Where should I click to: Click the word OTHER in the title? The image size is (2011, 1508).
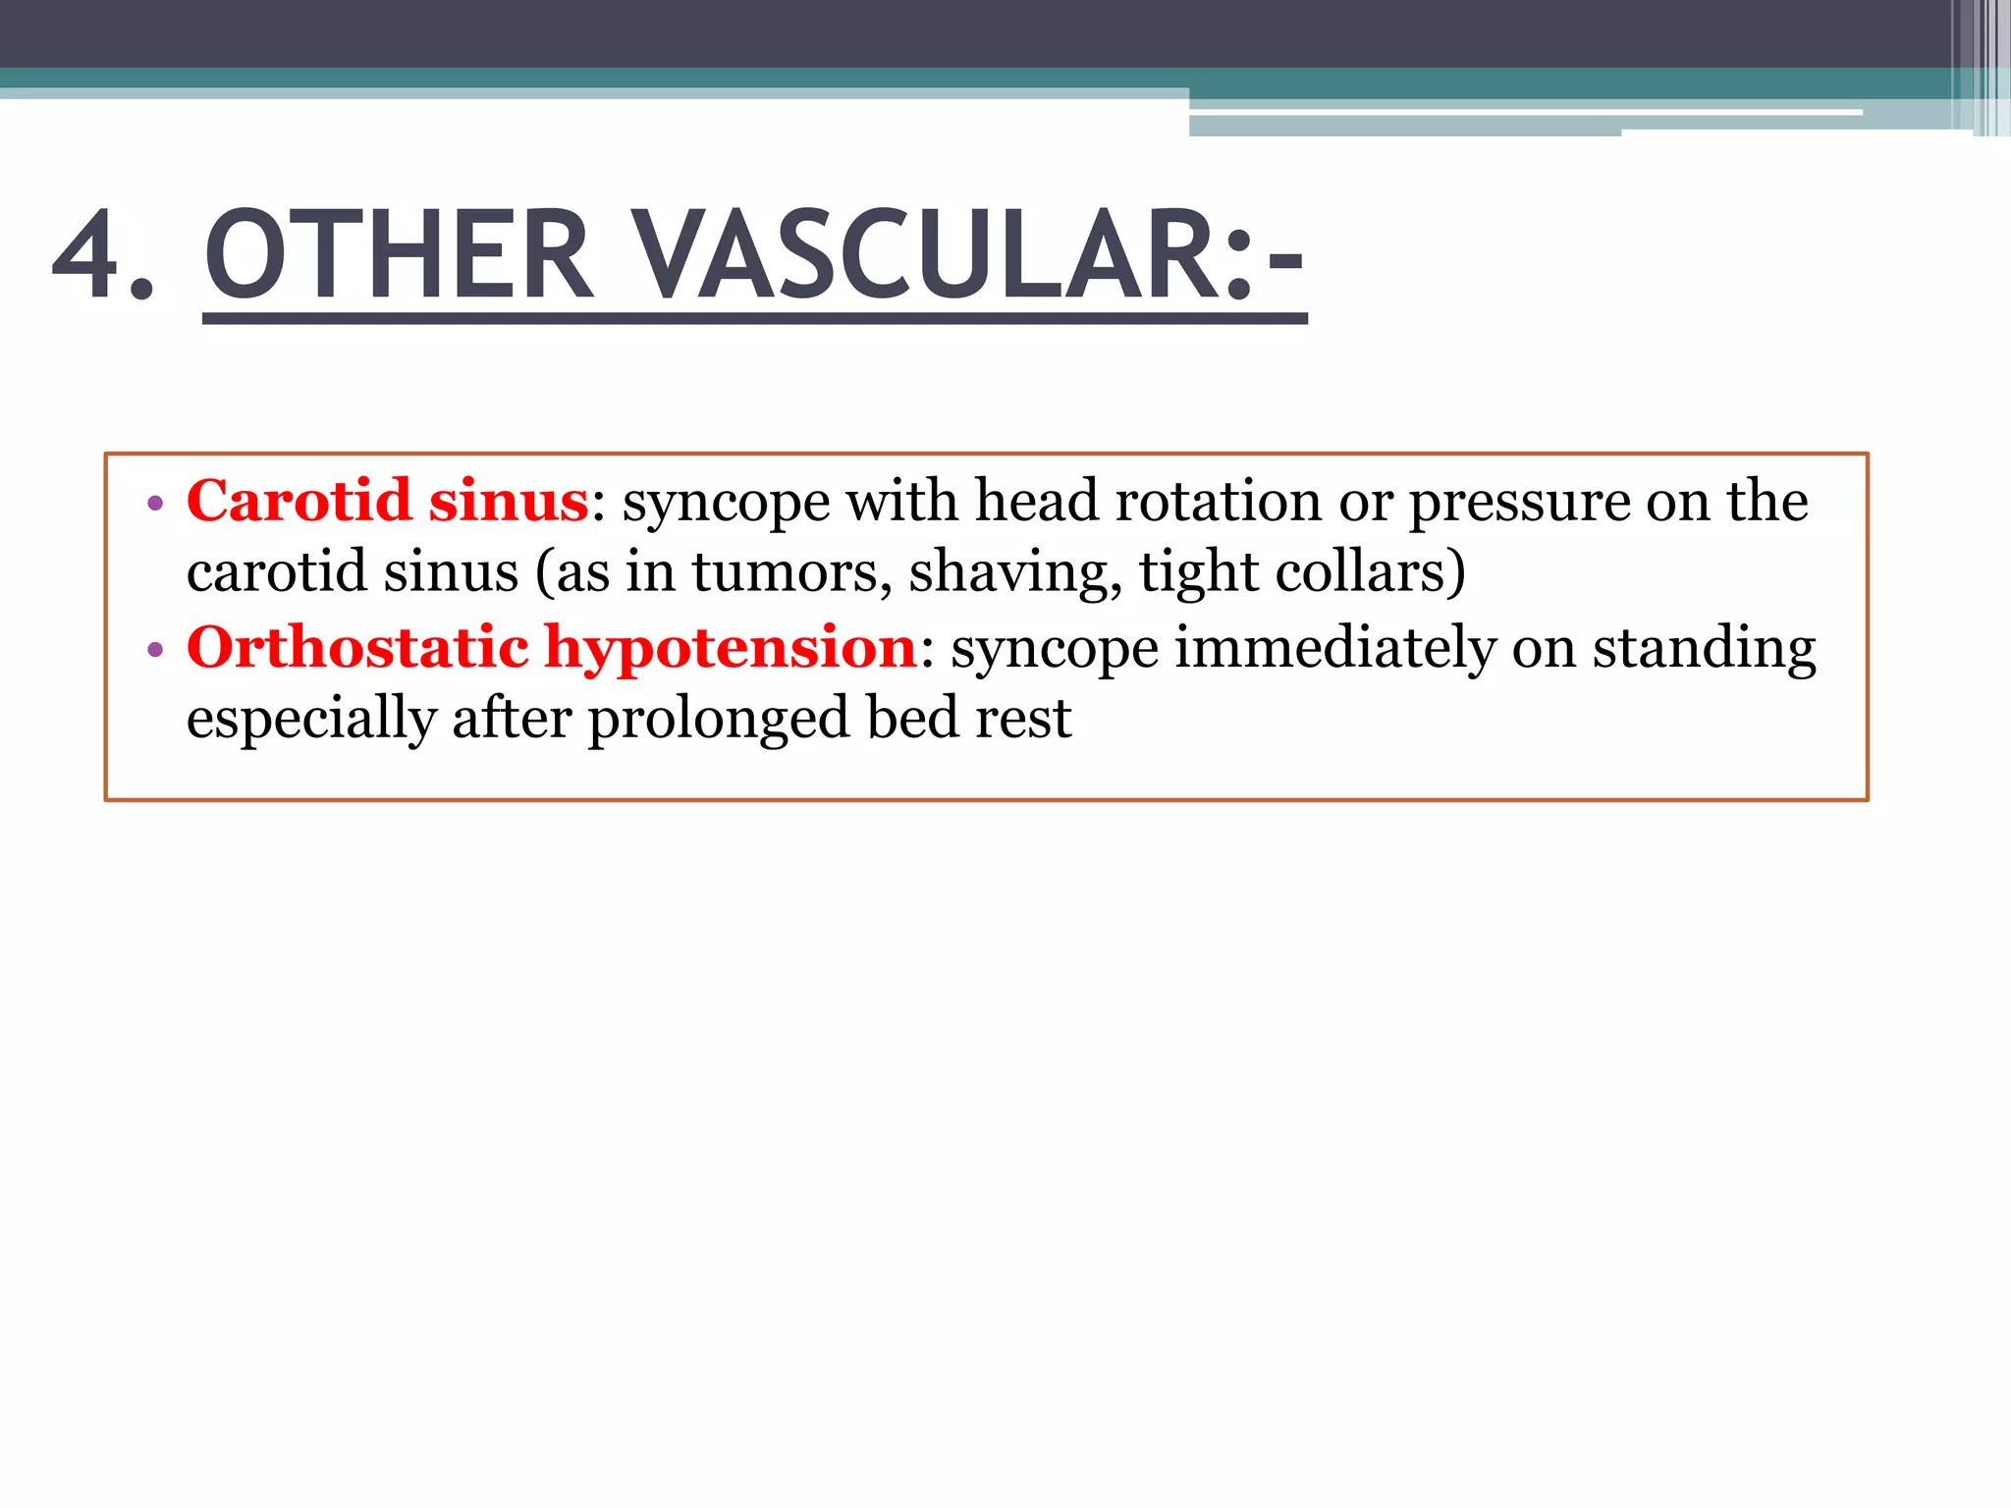click(399, 255)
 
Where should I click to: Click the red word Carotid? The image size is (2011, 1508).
click(299, 501)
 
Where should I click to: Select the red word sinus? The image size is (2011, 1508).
click(508, 501)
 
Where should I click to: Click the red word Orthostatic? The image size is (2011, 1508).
click(357, 648)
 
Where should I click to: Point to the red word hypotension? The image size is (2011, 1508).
click(731, 648)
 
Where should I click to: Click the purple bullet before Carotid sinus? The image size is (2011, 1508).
click(154, 505)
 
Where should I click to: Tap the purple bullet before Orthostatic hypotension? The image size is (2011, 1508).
click(154, 651)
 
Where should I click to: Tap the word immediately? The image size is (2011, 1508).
click(1334, 650)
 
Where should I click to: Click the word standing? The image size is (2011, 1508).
click(1704, 650)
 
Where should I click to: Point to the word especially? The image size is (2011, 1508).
click(310, 721)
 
